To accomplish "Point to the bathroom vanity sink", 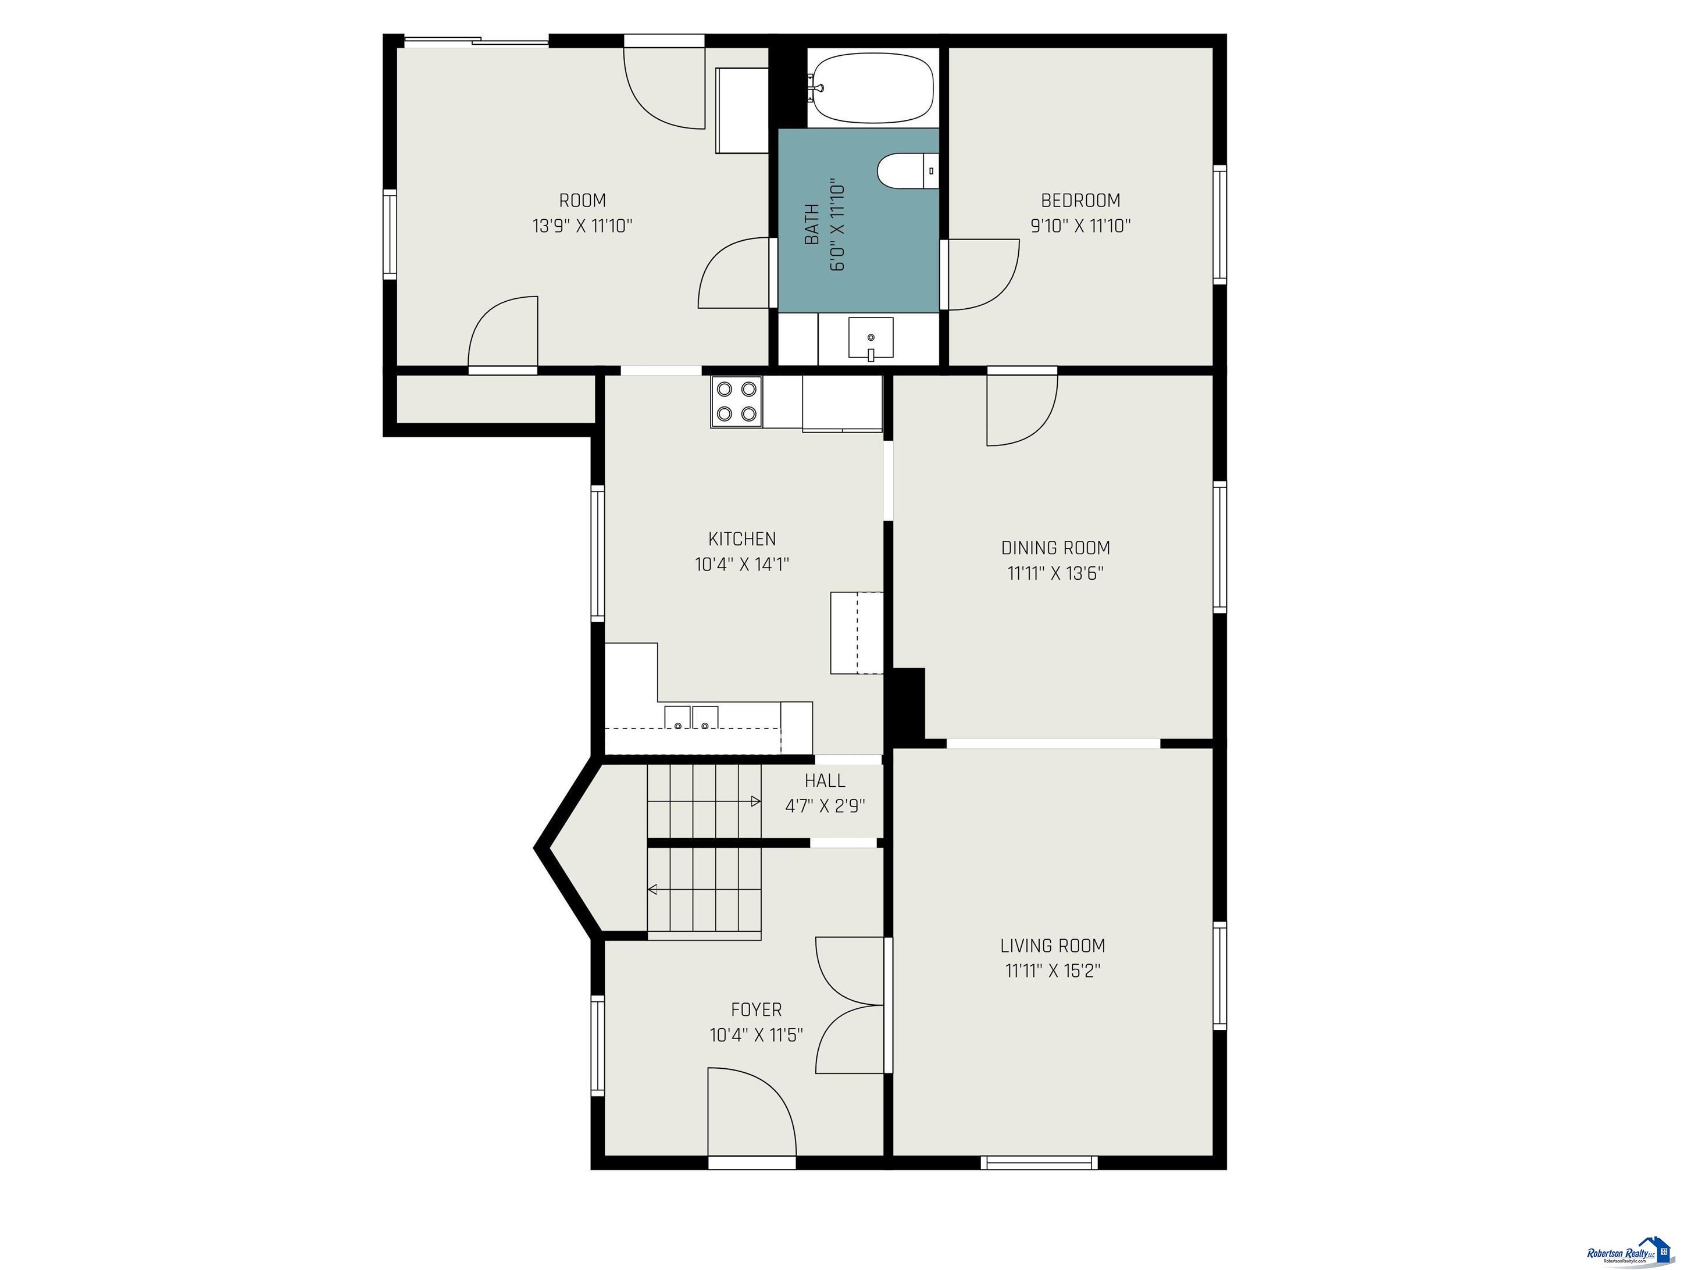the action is tap(871, 338).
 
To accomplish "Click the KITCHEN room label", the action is tap(741, 539).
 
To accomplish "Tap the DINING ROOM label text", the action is tap(1055, 548).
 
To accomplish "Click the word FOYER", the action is tap(756, 1009).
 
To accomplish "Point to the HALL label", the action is tap(825, 781).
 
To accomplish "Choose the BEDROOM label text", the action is tap(1080, 201).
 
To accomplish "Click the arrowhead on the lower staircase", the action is tap(653, 890).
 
